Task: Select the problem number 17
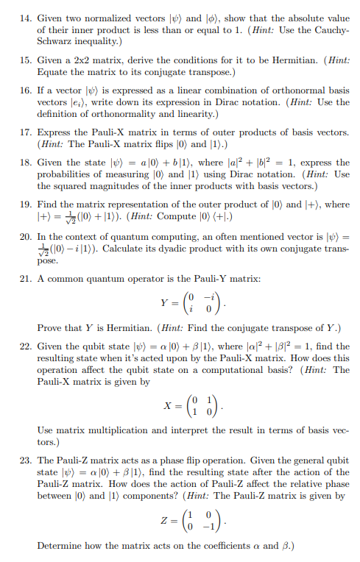(x=24, y=132)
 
